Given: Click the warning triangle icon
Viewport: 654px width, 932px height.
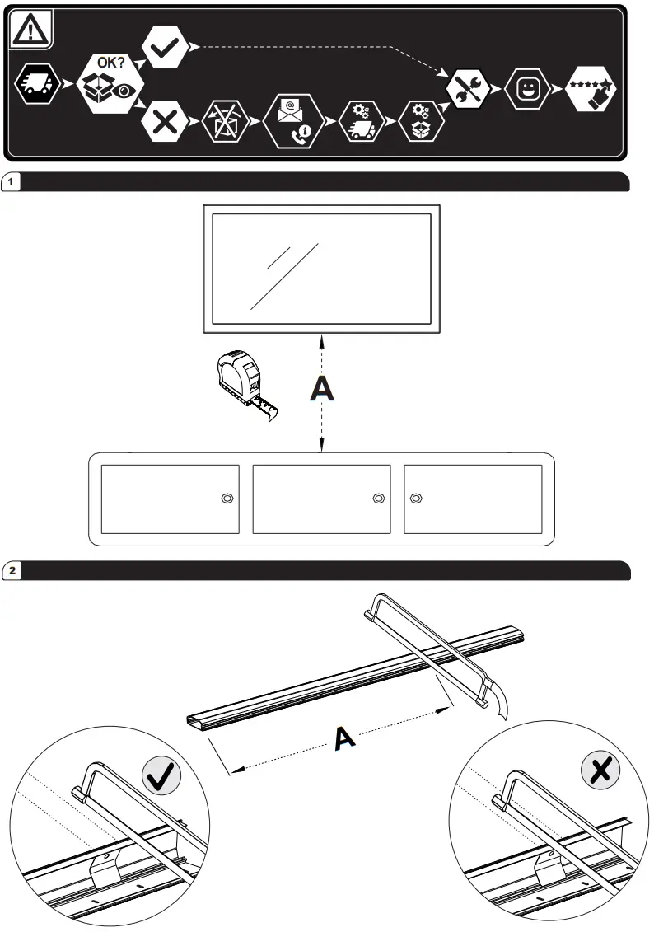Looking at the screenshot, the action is (x=30, y=29).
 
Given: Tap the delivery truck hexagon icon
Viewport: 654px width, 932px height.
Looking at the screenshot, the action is (x=37, y=84).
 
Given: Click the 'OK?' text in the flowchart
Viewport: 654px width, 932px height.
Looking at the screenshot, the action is (x=111, y=63).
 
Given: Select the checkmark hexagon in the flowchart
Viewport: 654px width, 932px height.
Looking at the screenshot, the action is (x=165, y=47).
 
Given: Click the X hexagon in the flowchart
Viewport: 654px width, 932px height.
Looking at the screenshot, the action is (x=165, y=121).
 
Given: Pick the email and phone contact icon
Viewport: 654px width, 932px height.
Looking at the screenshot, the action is (x=293, y=121).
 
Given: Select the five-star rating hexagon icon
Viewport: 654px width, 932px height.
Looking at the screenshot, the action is (x=590, y=89).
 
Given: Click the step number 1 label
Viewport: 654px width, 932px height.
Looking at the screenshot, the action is (x=11, y=181).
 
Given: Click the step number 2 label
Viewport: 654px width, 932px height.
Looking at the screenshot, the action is (x=12, y=570).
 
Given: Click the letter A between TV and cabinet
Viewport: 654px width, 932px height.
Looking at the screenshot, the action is (x=322, y=388).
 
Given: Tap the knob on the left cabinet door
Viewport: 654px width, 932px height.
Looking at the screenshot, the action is (x=227, y=498).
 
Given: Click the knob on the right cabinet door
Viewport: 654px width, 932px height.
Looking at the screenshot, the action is (x=417, y=498).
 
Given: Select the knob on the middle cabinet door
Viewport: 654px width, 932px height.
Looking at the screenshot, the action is (x=378, y=498).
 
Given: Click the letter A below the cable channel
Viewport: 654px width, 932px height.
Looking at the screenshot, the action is (x=344, y=738).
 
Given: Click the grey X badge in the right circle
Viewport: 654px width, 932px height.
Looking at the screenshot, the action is (x=600, y=770).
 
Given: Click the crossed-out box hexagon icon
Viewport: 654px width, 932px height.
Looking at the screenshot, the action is (x=226, y=121).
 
